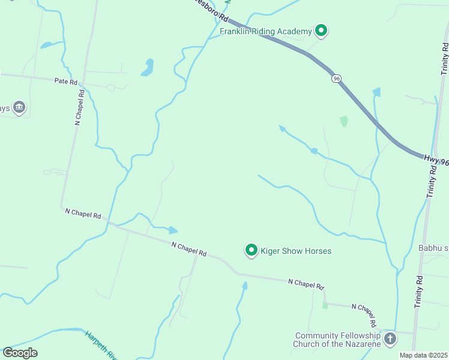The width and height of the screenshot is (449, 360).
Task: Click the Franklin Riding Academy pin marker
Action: tap(321, 30)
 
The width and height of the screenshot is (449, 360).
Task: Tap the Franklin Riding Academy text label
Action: tap(266, 31)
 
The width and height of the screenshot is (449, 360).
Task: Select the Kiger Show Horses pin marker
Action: tap(252, 250)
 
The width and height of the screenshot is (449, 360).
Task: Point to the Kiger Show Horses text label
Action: tap(295, 251)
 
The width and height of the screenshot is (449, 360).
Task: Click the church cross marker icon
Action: tap(390, 339)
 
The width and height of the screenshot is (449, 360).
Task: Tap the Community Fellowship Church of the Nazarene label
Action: tap(337, 340)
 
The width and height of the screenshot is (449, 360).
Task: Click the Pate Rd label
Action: tap(66, 81)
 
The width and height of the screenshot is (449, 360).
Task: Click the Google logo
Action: tap(20, 352)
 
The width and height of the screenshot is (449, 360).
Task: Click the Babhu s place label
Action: tap(433, 248)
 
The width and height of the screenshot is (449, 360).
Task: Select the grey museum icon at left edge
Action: tap(19, 107)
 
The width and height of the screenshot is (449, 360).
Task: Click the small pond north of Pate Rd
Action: tap(148, 67)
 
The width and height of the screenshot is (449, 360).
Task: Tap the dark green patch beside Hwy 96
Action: tap(343, 121)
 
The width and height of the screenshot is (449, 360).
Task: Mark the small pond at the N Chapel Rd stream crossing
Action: tap(172, 230)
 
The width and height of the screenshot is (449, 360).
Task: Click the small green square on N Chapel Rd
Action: tap(325, 305)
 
